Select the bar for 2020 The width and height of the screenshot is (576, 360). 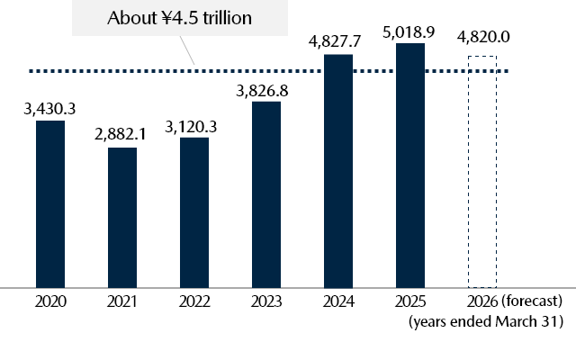pos(50,203)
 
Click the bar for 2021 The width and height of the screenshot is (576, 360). pos(122,217)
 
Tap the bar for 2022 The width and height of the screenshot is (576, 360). pos(194,211)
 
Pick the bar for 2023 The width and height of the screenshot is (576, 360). pos(266,194)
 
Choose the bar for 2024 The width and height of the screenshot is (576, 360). pos(338,171)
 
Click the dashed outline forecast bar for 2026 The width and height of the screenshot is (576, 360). pos(481,171)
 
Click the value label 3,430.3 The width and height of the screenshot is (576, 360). pos(50,109)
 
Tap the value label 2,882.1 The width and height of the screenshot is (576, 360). pos(122,135)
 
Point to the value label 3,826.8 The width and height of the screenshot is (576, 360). pos(266,90)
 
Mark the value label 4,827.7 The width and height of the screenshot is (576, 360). pos(338,40)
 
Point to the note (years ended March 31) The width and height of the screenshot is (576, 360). pos(486,321)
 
